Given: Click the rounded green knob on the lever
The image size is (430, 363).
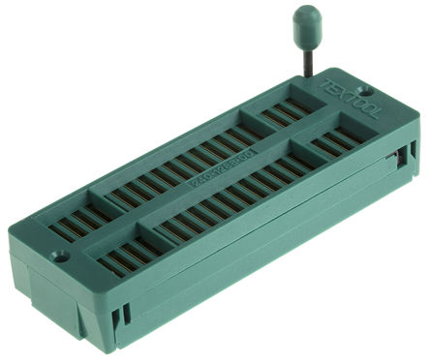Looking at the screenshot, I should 307,19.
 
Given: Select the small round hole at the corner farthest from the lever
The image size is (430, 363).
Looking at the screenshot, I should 59,258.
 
